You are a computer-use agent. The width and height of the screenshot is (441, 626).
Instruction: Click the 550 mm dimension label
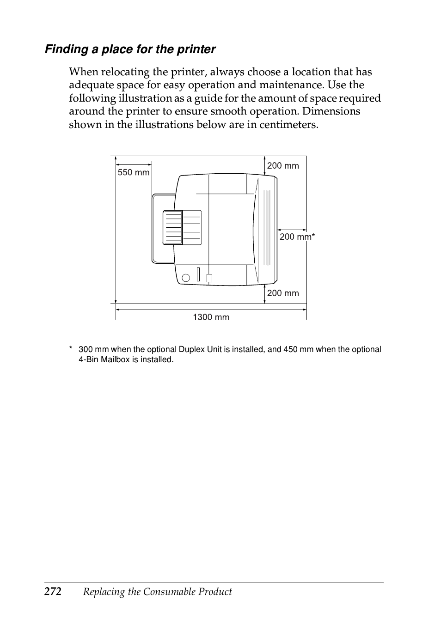coord(134,172)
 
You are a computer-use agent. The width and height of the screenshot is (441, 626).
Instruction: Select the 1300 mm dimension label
coord(211,317)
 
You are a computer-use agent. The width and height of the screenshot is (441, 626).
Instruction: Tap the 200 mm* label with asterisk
coord(297,237)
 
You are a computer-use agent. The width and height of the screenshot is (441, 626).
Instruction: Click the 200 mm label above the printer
coord(283,166)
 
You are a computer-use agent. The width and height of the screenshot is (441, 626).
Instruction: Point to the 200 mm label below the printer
coord(283,293)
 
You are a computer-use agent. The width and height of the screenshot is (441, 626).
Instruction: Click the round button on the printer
coord(186,278)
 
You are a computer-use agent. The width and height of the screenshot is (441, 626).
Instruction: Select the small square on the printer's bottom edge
coord(209,278)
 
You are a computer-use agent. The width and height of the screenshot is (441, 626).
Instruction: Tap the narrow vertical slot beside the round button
coord(198,274)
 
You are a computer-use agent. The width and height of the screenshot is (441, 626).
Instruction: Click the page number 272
coord(53,592)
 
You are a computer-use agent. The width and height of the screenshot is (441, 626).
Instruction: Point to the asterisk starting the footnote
coord(71,349)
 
